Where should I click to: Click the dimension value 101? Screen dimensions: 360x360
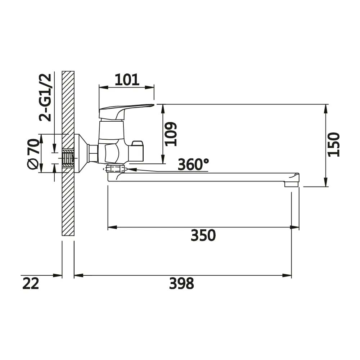[127, 80]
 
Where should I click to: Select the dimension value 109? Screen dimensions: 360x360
[171, 134]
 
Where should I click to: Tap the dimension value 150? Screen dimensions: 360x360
[334, 145]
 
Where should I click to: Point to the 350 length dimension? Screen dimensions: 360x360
[203, 235]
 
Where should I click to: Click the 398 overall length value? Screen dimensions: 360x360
[181, 283]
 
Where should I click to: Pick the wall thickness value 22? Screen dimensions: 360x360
[31, 283]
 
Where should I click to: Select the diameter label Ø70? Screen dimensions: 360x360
[33, 154]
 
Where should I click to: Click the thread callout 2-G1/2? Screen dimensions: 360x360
[45, 97]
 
